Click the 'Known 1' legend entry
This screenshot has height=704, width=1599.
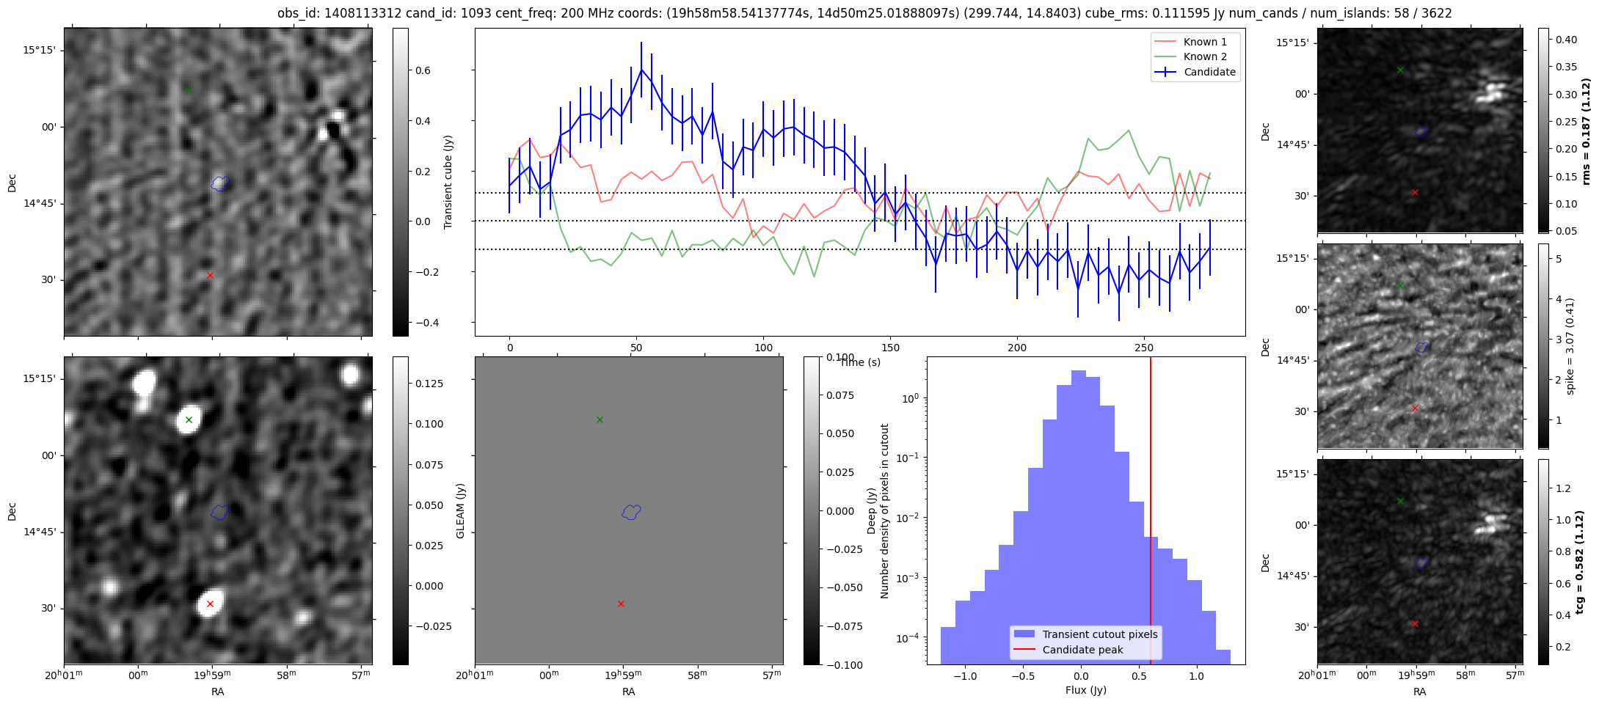pyautogui.click(x=1204, y=42)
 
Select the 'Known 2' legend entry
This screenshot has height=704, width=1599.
pyautogui.click(x=1204, y=56)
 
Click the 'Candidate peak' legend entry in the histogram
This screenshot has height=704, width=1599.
pyautogui.click(x=1082, y=650)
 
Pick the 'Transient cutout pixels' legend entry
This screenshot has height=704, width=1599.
pyautogui.click(x=1099, y=634)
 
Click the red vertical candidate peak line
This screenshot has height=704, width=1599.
pyautogui.click(x=1151, y=513)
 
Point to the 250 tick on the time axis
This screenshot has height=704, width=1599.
pyautogui.click(x=1144, y=348)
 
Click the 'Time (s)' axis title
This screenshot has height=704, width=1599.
pyautogui.click(x=860, y=362)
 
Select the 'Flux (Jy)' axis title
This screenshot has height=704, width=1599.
pyautogui.click(x=1085, y=690)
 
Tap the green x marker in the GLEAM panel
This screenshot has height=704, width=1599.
pyautogui.click(x=600, y=419)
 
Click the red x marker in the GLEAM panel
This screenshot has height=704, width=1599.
pyautogui.click(x=621, y=604)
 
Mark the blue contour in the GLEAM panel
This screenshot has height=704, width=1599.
pyautogui.click(x=631, y=512)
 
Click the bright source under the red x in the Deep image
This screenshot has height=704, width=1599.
pyautogui.click(x=211, y=603)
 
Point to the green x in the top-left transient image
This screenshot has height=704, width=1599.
pyautogui.click(x=189, y=91)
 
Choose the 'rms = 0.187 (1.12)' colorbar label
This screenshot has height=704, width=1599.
pyautogui.click(x=1585, y=131)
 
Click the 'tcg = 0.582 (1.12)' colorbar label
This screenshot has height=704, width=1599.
pyautogui.click(x=1585, y=562)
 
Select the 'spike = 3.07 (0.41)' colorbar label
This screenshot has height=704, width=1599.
pyautogui.click(x=1570, y=346)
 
